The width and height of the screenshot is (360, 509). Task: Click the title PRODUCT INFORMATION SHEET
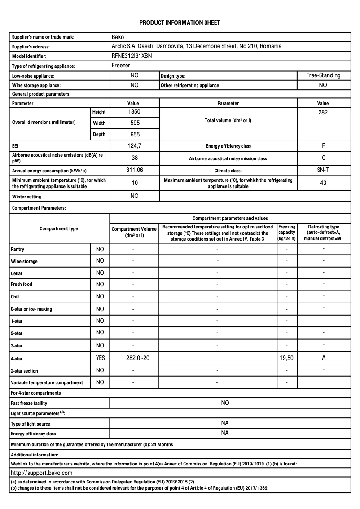pyautogui.click(x=180, y=22)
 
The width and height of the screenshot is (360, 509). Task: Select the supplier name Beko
pyautogui.click(x=118, y=37)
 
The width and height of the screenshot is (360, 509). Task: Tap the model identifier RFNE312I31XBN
pyautogui.click(x=131, y=56)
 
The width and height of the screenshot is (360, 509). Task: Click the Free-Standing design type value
pyautogui.click(x=323, y=75)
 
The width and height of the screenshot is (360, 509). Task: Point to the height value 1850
pyautogui.click(x=134, y=111)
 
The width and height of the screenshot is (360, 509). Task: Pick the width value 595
pyautogui.click(x=134, y=123)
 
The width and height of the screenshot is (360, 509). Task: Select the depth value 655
pyautogui.click(x=134, y=134)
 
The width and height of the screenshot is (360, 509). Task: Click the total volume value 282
pyautogui.click(x=323, y=112)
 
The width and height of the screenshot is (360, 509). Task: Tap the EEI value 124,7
pyautogui.click(x=134, y=146)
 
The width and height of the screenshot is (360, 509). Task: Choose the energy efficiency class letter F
pyautogui.click(x=323, y=146)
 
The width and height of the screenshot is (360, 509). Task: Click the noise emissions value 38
pyautogui.click(x=134, y=158)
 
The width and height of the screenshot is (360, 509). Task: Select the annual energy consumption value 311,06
pyautogui.click(x=134, y=170)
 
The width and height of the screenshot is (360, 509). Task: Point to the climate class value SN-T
pyautogui.click(x=323, y=170)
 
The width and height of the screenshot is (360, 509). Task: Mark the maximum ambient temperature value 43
pyautogui.click(x=323, y=183)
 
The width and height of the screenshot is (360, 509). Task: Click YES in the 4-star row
pyautogui.click(x=100, y=358)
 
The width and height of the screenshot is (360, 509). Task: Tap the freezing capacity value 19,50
pyautogui.click(x=287, y=358)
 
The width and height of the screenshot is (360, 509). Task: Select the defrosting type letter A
pyautogui.click(x=323, y=358)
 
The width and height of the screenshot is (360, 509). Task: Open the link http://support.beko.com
pyautogui.click(x=41, y=473)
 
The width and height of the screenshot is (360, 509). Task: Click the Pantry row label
pyautogui.click(x=18, y=249)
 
